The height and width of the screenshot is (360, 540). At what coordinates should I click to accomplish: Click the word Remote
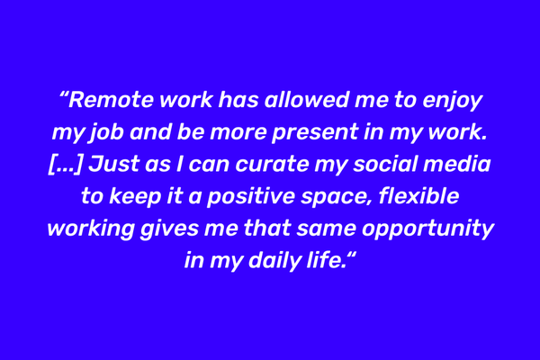111,100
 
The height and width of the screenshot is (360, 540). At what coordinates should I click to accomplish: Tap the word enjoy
452,102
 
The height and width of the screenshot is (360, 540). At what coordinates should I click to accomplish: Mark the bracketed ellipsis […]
66,165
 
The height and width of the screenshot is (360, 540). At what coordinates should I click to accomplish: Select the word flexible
418,196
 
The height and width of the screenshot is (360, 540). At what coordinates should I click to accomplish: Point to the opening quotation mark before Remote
63,95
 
